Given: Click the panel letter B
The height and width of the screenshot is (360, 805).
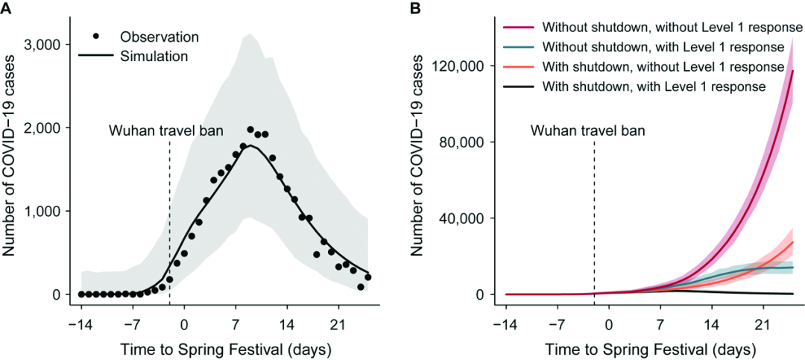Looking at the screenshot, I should click(x=415, y=9).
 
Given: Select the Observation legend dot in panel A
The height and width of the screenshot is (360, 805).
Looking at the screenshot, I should click(x=95, y=36).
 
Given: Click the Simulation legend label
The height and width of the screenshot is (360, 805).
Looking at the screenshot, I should click(x=154, y=55).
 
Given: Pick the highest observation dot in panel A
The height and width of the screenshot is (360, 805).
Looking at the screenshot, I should click(x=250, y=130).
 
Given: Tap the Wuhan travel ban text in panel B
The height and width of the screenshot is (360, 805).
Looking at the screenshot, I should click(x=588, y=130).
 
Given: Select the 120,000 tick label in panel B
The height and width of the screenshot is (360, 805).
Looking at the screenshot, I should click(x=465, y=66).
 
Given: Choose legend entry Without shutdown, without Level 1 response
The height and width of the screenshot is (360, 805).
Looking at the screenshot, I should click(x=672, y=28).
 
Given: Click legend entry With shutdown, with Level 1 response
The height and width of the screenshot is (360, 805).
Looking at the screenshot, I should click(x=654, y=86).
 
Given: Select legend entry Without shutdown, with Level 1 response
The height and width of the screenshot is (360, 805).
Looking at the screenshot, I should click(x=663, y=48).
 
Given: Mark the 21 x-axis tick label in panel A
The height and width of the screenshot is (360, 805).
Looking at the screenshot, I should click(x=338, y=326).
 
